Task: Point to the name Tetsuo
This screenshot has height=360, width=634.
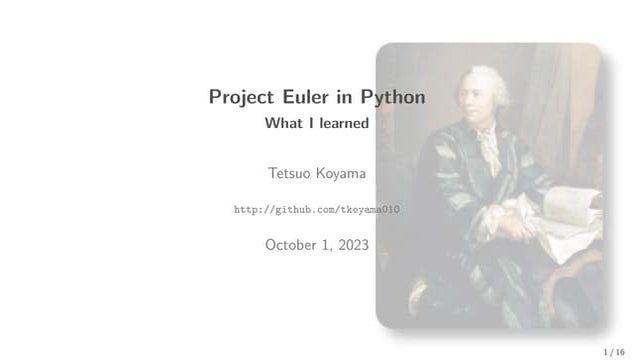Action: coord(289,174)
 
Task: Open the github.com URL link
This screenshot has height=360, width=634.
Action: coord(316,210)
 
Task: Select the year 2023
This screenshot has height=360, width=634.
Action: coord(352,244)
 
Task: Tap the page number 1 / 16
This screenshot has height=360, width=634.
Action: coord(614,352)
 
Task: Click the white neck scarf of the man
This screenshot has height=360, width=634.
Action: coord(487,140)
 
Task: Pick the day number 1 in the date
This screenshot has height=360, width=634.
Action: coord(328,244)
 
